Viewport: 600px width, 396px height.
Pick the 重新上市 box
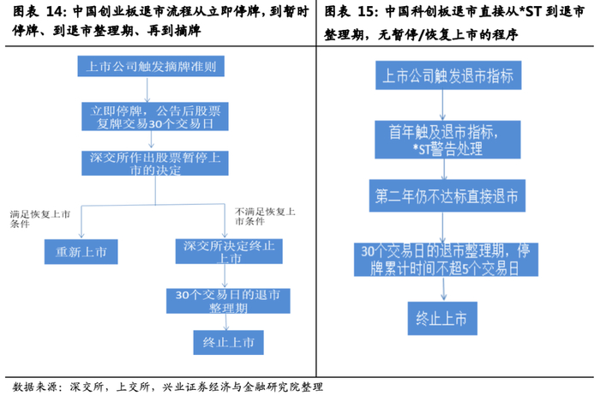81,251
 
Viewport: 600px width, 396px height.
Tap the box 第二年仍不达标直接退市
442,195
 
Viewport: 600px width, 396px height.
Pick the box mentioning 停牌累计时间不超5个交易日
442,256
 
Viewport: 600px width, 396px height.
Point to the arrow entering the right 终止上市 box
442,289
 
